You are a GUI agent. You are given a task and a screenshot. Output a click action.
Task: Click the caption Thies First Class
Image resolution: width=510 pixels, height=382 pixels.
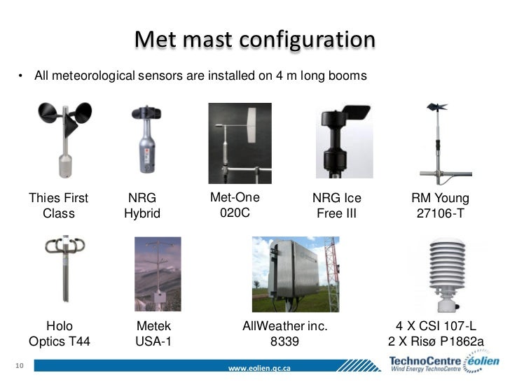59,206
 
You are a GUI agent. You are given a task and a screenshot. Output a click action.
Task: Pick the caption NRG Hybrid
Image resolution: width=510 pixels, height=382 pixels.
142,206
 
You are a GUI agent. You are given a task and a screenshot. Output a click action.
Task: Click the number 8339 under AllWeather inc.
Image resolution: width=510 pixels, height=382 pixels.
285,342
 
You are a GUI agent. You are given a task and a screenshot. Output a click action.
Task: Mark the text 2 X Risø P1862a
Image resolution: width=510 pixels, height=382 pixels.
437,342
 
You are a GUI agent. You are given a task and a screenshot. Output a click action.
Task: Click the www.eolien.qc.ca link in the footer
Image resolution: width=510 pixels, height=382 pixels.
260,368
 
